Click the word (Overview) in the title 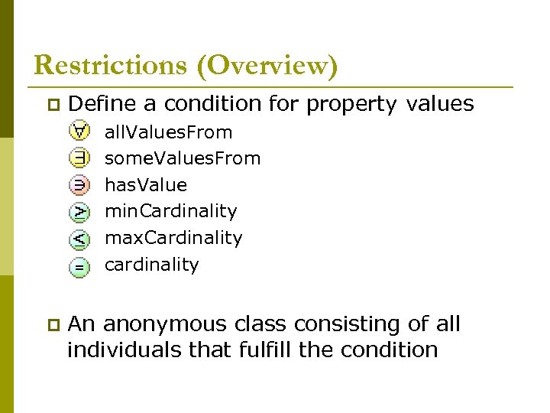pyautogui.click(x=267, y=66)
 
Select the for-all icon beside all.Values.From pyautogui.click(x=79, y=132)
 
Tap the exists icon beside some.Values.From pyautogui.click(x=79, y=158)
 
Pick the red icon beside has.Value pyautogui.click(x=79, y=185)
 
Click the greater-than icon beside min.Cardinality pyautogui.click(x=79, y=212)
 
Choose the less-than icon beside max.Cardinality pyautogui.click(x=79, y=239)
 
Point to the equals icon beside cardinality pyautogui.click(x=79, y=265)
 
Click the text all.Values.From pyautogui.click(x=168, y=132)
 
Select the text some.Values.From pyautogui.click(x=183, y=158)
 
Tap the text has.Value pyautogui.click(x=145, y=185)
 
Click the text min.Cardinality pyautogui.click(x=170, y=211)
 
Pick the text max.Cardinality pyautogui.click(x=173, y=238)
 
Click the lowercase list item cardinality pyautogui.click(x=151, y=265)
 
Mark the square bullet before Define pyautogui.click(x=51, y=104)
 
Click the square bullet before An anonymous pyautogui.click(x=51, y=324)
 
